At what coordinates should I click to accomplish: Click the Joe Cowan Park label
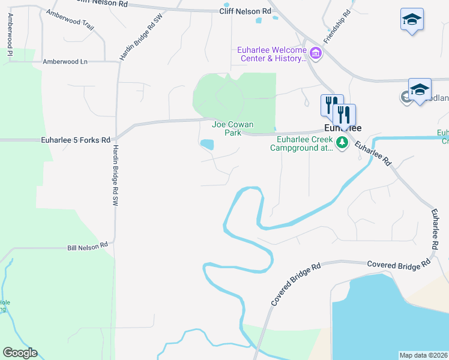(233, 128)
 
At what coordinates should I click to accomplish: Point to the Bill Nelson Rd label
(88, 246)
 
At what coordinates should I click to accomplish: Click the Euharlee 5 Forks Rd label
(76, 140)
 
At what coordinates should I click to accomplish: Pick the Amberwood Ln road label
(65, 61)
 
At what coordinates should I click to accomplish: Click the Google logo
(20, 353)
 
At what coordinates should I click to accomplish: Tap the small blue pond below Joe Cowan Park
(207, 145)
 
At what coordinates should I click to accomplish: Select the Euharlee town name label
(343, 128)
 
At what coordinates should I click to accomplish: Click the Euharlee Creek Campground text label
(304, 144)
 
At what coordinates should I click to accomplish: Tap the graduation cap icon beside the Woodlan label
(419, 89)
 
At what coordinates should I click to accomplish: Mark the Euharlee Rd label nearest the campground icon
(372, 154)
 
